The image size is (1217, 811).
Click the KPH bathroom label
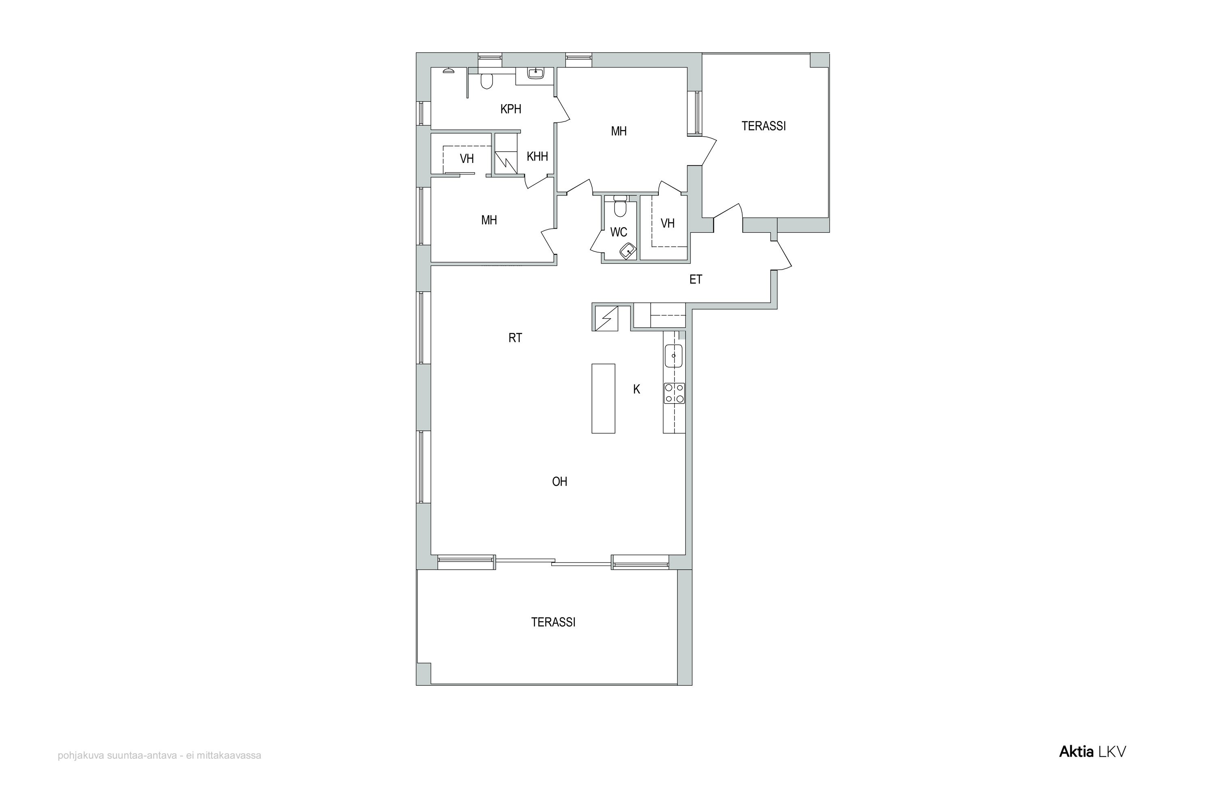point(511,109)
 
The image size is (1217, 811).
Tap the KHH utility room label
point(537,156)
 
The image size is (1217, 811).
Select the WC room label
point(619,232)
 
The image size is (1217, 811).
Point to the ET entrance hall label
point(696,279)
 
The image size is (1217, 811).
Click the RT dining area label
point(515,338)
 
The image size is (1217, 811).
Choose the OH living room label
point(560,482)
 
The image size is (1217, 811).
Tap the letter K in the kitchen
point(637,389)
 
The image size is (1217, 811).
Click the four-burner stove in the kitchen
point(674,393)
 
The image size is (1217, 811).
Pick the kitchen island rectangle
point(603,398)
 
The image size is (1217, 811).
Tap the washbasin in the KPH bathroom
point(535,73)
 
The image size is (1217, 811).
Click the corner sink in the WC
point(628,251)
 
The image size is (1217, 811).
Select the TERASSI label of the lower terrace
point(553,622)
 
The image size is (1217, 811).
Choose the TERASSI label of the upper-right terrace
point(764,126)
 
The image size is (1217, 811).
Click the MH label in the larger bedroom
point(619,131)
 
